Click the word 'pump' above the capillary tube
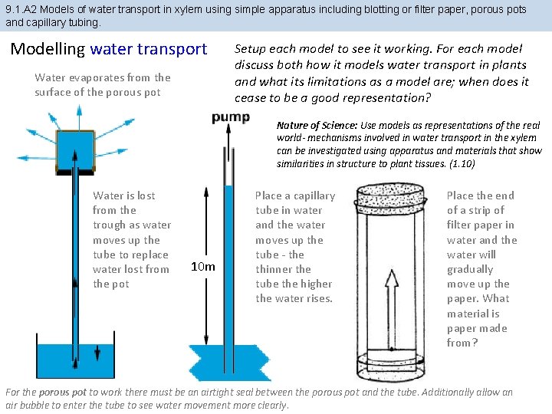[230, 117]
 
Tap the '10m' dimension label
[202, 267]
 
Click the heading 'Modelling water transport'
[109, 49]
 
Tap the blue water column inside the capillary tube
[228, 261]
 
